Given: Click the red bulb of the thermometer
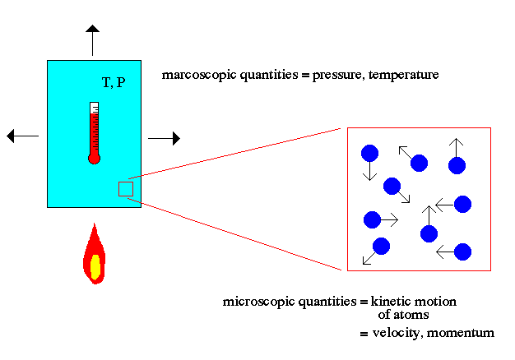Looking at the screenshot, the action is pos(95,159).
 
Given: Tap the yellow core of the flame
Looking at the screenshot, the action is pos(95,267).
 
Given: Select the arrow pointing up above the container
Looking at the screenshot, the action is pos(93,40).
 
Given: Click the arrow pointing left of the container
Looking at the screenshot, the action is pos(23,136).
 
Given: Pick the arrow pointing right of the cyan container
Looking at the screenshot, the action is pos(165,138).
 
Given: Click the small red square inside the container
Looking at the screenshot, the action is pos(126,189).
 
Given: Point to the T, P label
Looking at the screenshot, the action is pos(114,82).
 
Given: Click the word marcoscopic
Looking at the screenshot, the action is pos(199,75).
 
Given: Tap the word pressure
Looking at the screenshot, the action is pos(338,76).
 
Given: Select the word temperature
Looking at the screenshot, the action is pos(404,75).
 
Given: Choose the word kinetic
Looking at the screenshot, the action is pos(387,301).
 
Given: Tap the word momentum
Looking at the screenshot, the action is pos(461,333).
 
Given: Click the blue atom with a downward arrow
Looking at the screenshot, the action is pos(370,153).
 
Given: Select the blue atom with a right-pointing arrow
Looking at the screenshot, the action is pos(372,219).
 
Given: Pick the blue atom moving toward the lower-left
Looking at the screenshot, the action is pos(382,246).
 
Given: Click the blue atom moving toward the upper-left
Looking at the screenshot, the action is pos(419,163).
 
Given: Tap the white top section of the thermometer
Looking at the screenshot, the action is pos(95,107).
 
